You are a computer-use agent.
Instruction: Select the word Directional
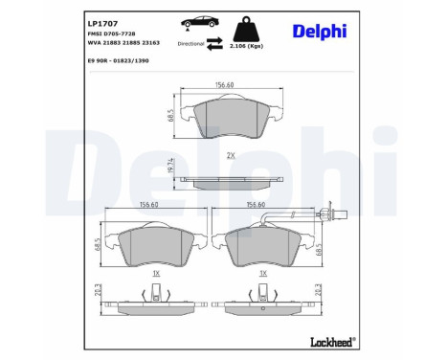point(190,42)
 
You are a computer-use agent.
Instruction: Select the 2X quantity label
point(230,155)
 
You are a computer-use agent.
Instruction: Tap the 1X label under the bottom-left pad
point(155,274)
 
